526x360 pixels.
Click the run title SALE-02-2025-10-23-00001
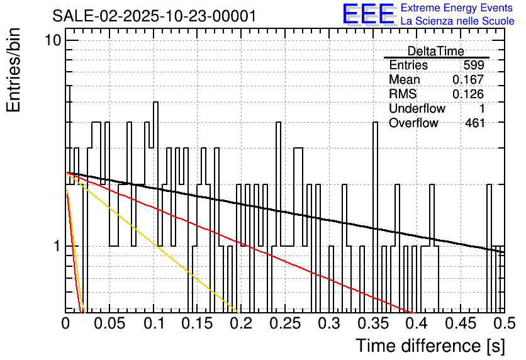[x=154, y=16]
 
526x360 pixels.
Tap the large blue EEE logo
[x=369, y=14]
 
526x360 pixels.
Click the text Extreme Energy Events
[x=457, y=8]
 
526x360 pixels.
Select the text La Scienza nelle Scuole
[x=457, y=21]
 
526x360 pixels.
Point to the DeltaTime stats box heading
[x=436, y=51]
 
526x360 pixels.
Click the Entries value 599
[x=473, y=65]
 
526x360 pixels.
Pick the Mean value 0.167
[x=468, y=80]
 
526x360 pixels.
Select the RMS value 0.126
[x=468, y=94]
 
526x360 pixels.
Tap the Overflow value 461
[x=475, y=123]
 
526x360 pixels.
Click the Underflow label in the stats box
[x=417, y=108]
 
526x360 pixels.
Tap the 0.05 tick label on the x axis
[x=109, y=324]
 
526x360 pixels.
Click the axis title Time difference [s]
[x=430, y=346]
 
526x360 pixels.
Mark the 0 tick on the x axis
[x=66, y=324]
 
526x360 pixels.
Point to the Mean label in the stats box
[x=405, y=80]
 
